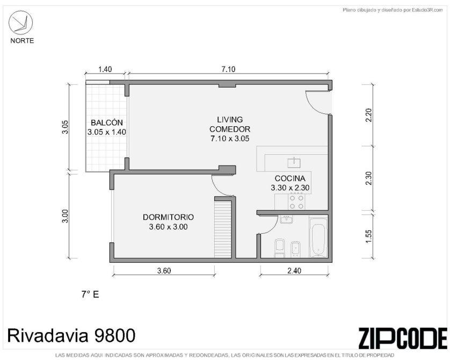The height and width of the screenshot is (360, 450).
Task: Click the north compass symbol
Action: point(20,23)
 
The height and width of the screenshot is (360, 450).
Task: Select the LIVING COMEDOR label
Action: point(230,124)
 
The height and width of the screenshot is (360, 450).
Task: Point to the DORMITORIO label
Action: point(168,217)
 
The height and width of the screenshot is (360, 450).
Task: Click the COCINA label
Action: point(290,178)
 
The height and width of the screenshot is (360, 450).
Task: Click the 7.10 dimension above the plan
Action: point(229,69)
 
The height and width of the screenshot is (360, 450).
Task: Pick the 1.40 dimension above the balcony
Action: point(105,69)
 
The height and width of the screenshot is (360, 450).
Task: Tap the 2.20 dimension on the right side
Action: point(369,115)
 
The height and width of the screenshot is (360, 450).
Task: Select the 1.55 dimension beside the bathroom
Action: point(369,236)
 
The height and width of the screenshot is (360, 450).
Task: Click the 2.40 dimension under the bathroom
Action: point(294,270)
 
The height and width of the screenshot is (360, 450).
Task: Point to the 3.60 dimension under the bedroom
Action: point(164,270)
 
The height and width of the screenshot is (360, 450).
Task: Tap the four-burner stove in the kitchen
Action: point(296,201)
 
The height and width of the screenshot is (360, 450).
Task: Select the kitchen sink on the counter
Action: point(294,163)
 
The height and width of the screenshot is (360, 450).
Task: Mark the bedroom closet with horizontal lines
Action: point(223,229)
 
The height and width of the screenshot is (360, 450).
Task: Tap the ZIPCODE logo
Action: point(403,338)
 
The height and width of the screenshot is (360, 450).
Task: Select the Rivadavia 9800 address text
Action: point(71,335)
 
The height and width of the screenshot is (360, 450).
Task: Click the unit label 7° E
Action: point(90,294)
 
